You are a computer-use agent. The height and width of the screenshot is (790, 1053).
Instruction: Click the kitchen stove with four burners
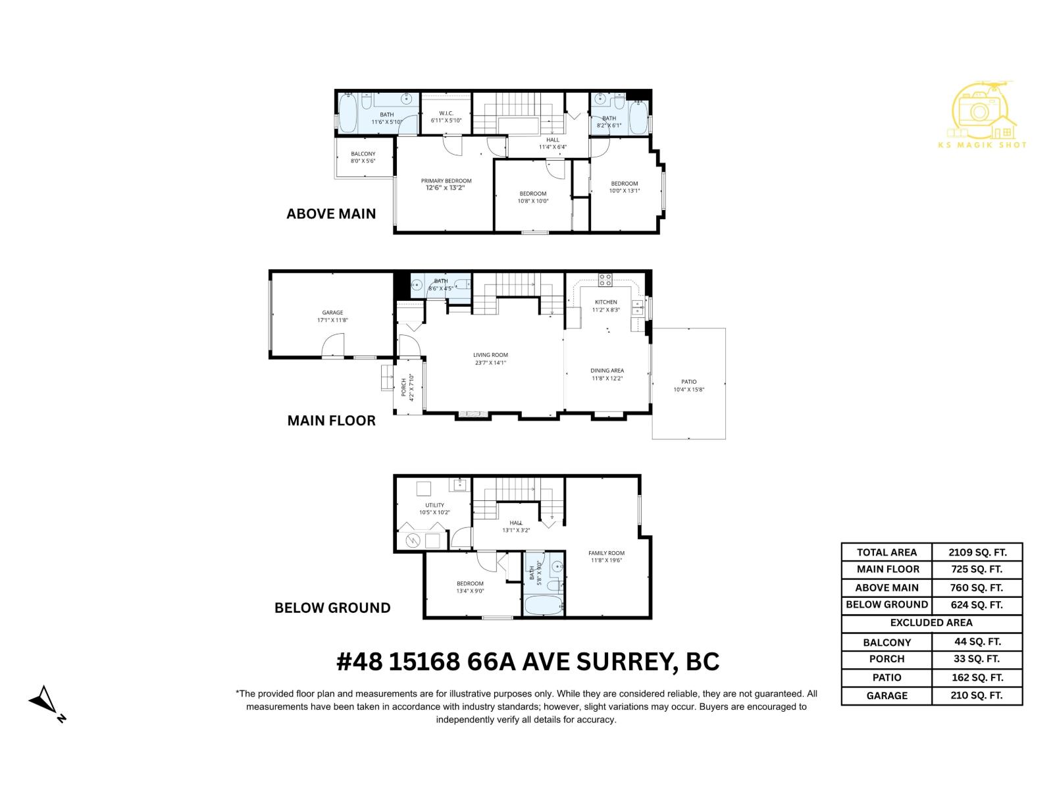[x=605, y=280]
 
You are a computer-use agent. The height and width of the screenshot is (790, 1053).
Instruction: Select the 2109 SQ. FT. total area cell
[x=977, y=552]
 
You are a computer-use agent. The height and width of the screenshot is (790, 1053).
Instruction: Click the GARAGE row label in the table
[x=886, y=695]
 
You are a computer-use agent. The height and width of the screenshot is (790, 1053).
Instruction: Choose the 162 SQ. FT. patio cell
[x=977, y=677]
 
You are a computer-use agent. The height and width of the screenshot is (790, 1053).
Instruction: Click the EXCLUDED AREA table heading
[x=931, y=623]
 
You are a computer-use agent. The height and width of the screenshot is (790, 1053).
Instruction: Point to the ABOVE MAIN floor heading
[x=331, y=213]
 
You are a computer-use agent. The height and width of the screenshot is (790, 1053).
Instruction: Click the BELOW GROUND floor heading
[x=332, y=608]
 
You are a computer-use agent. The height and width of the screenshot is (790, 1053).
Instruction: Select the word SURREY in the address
[x=625, y=661]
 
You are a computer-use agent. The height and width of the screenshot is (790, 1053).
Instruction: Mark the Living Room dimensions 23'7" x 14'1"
[x=490, y=363]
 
